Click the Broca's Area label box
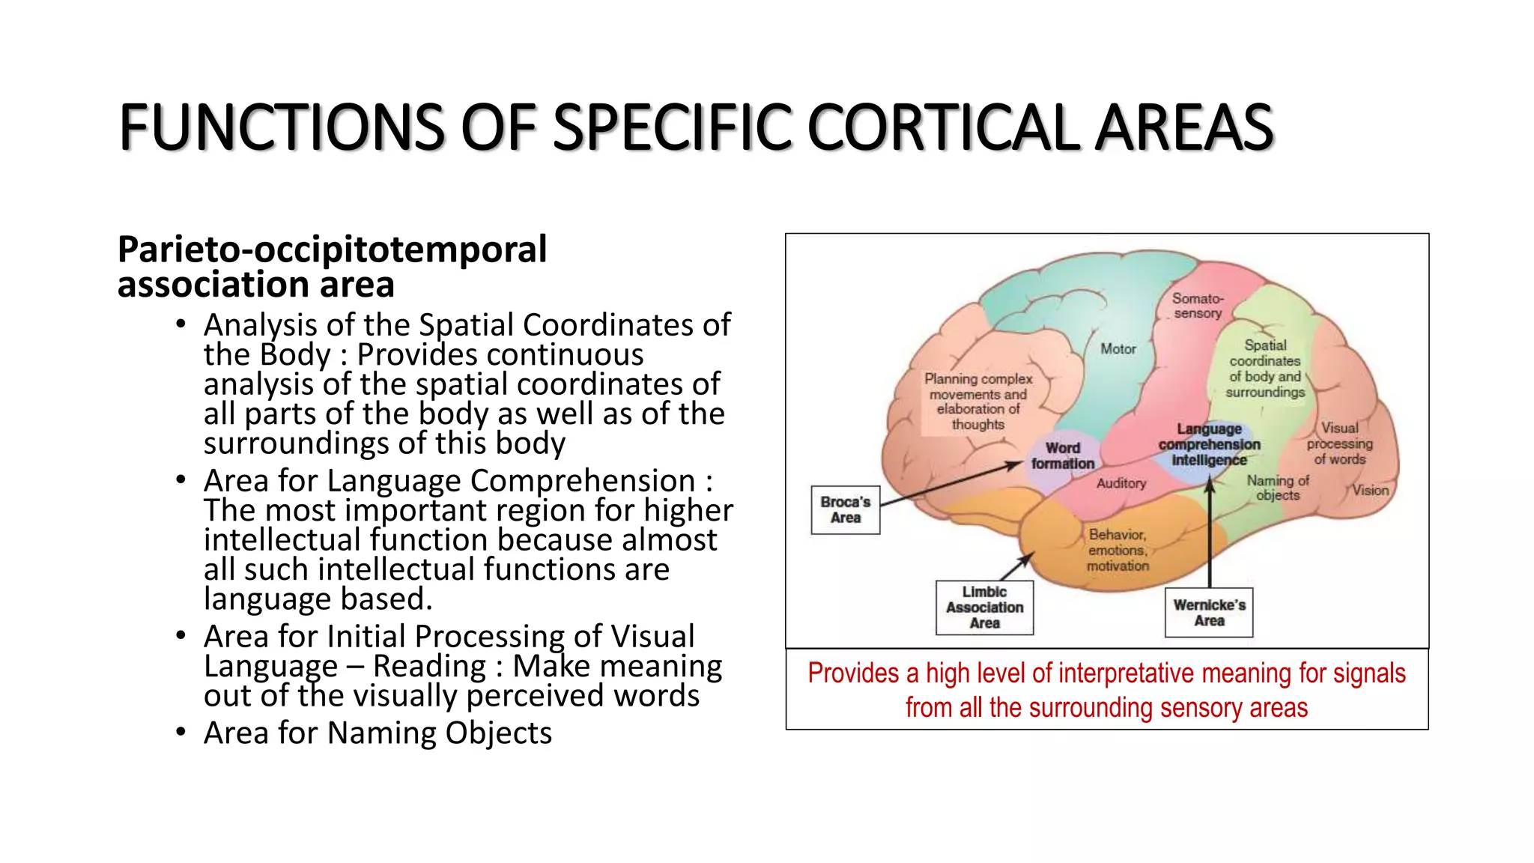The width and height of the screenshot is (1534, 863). pyautogui.click(x=845, y=510)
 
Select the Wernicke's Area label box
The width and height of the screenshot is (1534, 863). pyautogui.click(x=1209, y=613)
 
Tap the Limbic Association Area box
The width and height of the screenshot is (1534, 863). pyautogui.click(x=984, y=608)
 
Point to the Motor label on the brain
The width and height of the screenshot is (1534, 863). pyautogui.click(x=1118, y=349)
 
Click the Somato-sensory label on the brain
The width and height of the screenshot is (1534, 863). pyautogui.click(x=1198, y=306)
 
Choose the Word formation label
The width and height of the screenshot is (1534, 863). pyautogui.click(x=1062, y=455)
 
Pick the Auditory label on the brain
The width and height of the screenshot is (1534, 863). pyautogui.click(x=1121, y=484)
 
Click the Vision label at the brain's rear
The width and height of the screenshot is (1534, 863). pyautogui.click(x=1370, y=491)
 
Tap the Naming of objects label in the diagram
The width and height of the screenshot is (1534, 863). pyautogui.click(x=1278, y=488)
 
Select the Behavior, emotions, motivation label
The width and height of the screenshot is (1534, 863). pyautogui.click(x=1118, y=550)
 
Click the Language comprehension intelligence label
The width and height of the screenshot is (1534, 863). pyautogui.click(x=1209, y=444)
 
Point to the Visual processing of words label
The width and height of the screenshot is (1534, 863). pyautogui.click(x=1339, y=443)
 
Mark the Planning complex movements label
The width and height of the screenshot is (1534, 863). pyautogui.click(x=977, y=402)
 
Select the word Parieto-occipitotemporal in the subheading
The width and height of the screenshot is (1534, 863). pyautogui.click(x=332, y=249)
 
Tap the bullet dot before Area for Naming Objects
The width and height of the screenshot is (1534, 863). pyautogui.click(x=181, y=731)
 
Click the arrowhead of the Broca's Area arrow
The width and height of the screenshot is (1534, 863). pyautogui.click(x=1016, y=465)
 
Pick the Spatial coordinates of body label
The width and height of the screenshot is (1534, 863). pyautogui.click(x=1265, y=369)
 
